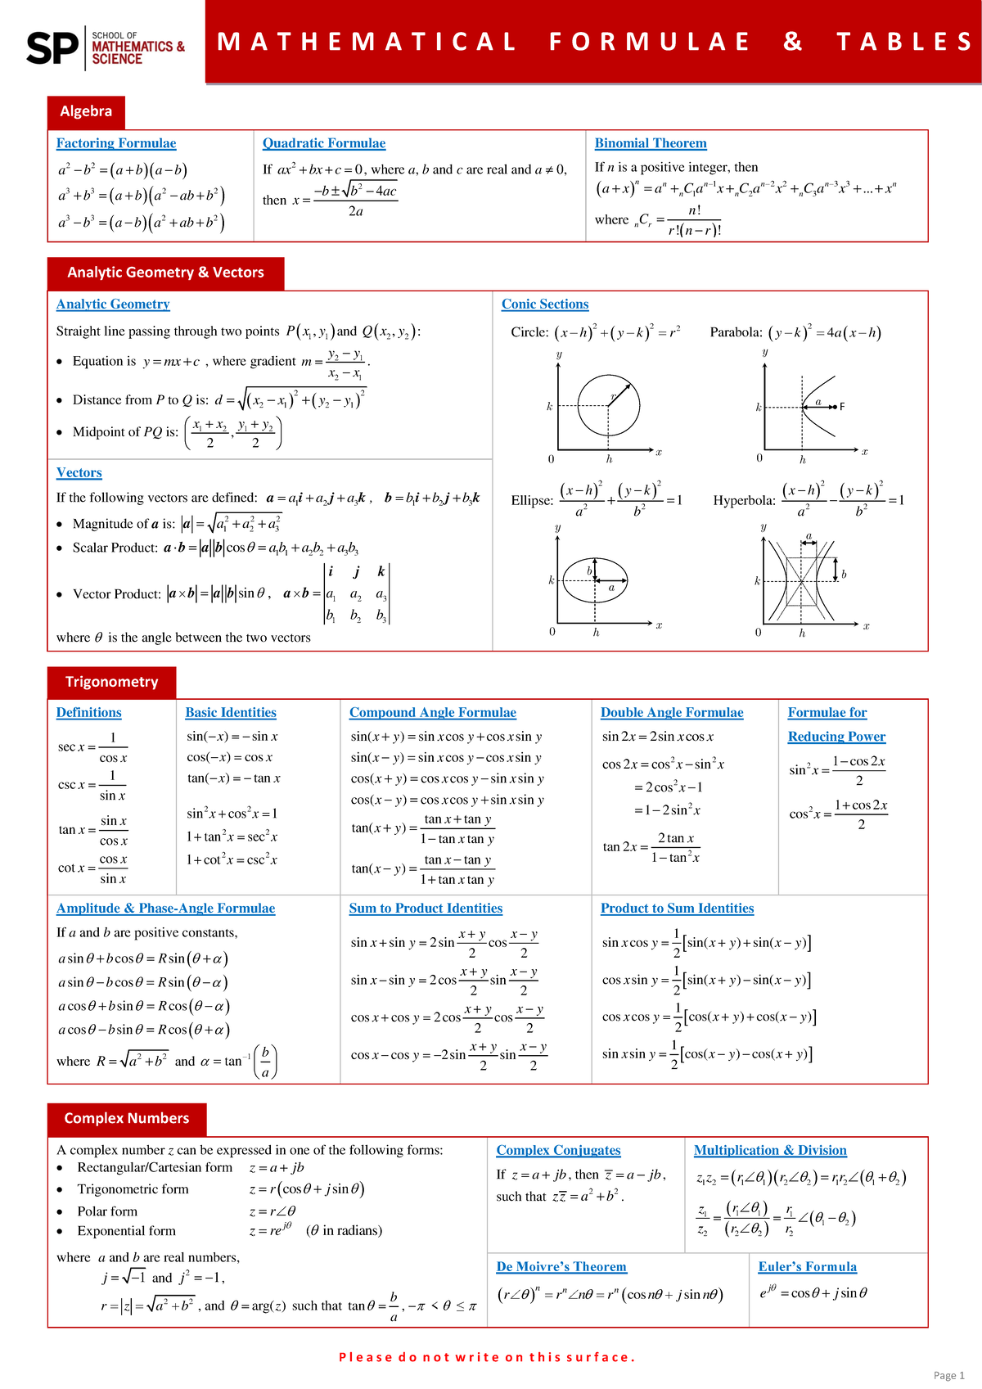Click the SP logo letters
click(x=52, y=47)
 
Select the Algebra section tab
click(x=86, y=111)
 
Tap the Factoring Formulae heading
click(x=116, y=143)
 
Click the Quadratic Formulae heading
click(x=323, y=143)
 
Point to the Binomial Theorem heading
click(x=651, y=143)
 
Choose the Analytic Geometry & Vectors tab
click(x=165, y=273)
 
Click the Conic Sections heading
click(x=545, y=304)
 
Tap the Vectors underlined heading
click(x=79, y=473)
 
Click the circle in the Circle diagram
click(x=609, y=406)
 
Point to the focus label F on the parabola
click(x=842, y=407)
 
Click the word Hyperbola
click(x=744, y=501)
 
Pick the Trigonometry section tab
click(x=111, y=682)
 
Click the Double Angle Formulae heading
click(x=672, y=713)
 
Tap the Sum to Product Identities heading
click(x=426, y=909)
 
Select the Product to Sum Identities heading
click(x=677, y=909)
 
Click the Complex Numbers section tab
click(x=127, y=1118)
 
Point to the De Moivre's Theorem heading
click(x=561, y=1267)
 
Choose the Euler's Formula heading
click(x=807, y=1267)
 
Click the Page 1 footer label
click(x=948, y=1375)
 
